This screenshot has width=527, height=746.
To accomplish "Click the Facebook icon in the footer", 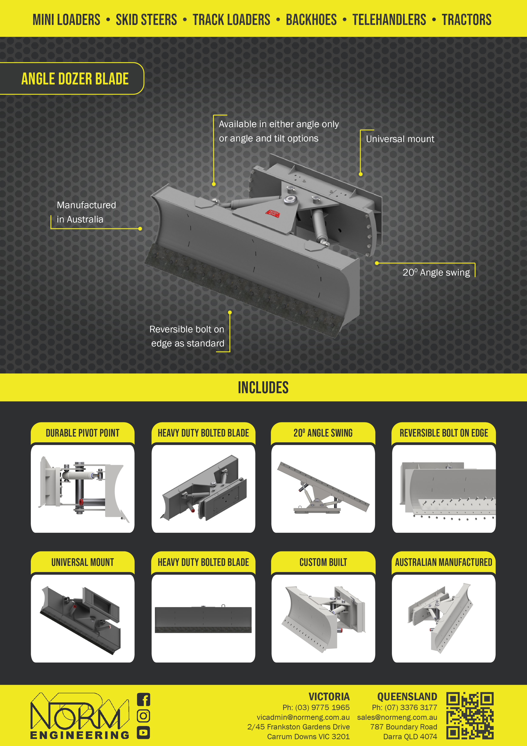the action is [x=143, y=699].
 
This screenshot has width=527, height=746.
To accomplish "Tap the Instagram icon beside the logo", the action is [x=143, y=716].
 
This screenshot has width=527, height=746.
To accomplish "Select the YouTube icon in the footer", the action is [x=143, y=732].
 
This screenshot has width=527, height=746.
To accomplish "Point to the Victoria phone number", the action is [x=316, y=707].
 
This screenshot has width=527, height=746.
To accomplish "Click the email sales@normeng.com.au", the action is [x=397, y=717].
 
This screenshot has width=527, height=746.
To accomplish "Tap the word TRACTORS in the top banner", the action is [x=467, y=20].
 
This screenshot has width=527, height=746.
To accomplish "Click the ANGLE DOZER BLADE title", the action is [x=75, y=79].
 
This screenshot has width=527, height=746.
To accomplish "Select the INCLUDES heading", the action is [x=263, y=387].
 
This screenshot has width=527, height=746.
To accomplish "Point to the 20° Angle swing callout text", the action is [x=436, y=272].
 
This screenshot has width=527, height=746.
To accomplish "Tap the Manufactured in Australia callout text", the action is [x=86, y=212].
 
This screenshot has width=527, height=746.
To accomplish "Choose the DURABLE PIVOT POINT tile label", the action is [x=83, y=433].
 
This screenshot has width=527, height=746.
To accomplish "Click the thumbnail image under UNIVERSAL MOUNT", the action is [x=83, y=619].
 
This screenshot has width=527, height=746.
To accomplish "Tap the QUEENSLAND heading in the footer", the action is [x=407, y=697].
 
